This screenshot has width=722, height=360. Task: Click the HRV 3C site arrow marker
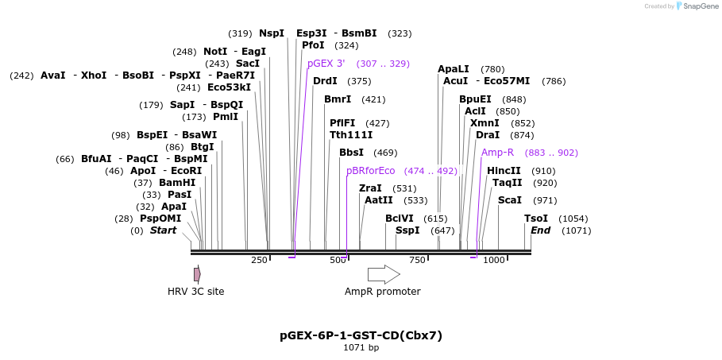197,274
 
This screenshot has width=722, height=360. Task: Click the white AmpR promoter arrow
383,274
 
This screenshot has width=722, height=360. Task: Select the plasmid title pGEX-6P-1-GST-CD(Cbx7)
361,335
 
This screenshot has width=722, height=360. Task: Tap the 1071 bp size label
361,347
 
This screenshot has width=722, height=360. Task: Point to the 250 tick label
259,260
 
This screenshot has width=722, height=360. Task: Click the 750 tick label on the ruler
416,260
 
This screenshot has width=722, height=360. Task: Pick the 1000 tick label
494,260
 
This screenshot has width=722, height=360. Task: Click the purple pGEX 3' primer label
326,64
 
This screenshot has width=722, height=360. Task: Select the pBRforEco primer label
370,171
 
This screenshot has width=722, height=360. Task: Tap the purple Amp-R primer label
497,153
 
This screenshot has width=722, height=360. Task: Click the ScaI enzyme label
509,200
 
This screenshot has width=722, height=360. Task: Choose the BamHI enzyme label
177,183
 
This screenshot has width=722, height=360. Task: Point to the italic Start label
163,230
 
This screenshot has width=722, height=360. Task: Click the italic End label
540,230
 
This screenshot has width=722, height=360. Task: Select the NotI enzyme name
215,52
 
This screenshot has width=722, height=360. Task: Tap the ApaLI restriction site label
453,69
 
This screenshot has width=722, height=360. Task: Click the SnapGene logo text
701,6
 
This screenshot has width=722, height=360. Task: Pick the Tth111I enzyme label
350,135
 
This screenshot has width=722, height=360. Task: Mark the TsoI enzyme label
535,219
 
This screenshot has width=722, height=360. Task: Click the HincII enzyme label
504,171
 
